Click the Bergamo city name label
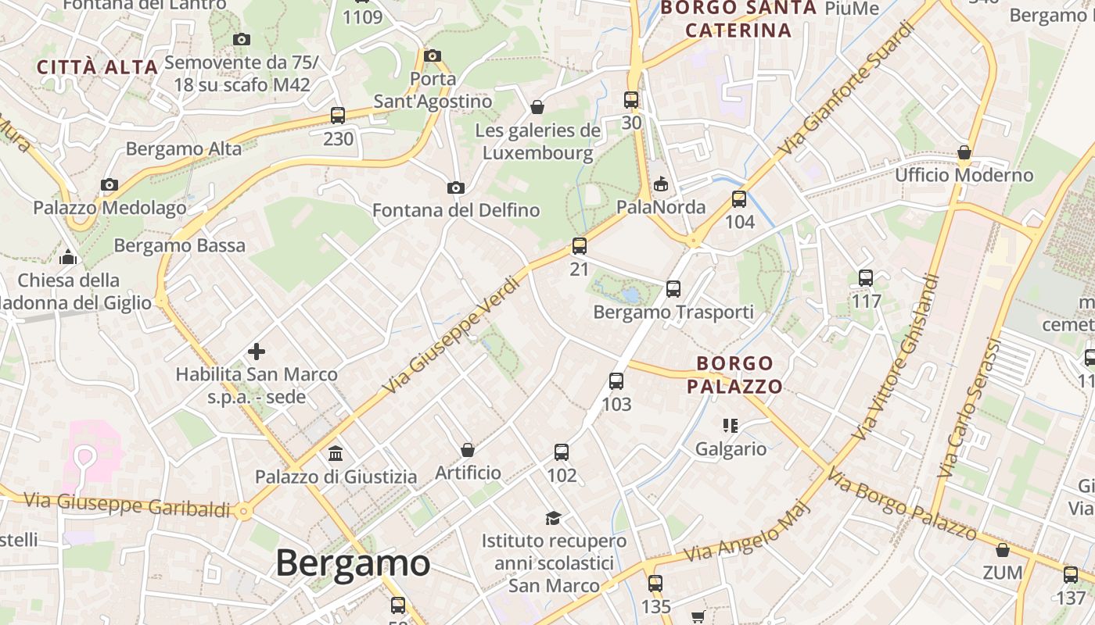point(353,562)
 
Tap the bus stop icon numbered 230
point(338,115)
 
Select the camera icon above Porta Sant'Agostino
point(433,55)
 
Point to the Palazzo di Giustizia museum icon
point(336,453)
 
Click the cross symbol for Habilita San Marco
point(256,352)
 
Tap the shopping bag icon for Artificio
point(468,450)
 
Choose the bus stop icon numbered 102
point(562,452)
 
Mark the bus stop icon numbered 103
point(616,381)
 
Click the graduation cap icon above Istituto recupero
point(554,518)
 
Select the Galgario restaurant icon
point(731,426)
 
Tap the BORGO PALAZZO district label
point(734,375)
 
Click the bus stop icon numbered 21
point(579,246)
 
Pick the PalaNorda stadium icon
point(661,184)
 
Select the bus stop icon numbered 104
point(739,198)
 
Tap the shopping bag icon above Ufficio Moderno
point(964,152)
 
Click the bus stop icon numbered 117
point(866,277)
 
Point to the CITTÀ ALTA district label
point(98,67)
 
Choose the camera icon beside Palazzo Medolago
point(109,185)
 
